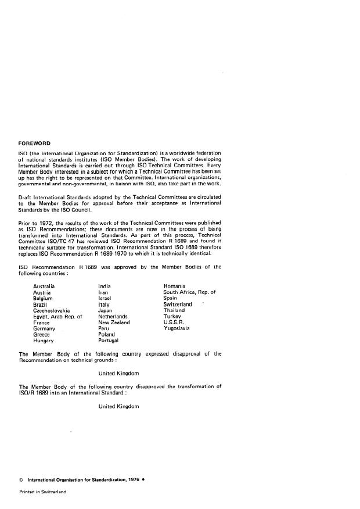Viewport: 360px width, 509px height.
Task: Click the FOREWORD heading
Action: (x=34, y=143)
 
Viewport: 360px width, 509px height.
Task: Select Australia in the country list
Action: (x=44, y=286)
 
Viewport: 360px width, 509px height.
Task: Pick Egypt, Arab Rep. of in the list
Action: (x=58, y=317)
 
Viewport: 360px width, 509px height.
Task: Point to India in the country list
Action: (x=105, y=286)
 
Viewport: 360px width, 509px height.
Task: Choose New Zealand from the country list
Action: (x=114, y=322)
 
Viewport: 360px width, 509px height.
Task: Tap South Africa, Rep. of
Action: (x=189, y=292)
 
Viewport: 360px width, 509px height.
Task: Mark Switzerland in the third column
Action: (x=178, y=304)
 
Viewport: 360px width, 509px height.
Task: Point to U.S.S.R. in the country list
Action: (x=175, y=322)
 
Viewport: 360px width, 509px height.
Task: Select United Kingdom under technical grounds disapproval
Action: (x=118, y=372)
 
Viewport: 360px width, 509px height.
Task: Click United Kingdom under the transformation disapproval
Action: (x=118, y=406)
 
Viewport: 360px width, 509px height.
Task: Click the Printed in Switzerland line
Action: (x=43, y=492)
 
